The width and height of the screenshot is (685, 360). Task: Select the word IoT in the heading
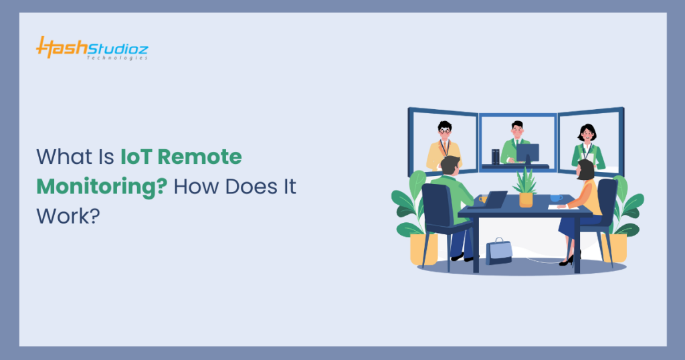pos(136,157)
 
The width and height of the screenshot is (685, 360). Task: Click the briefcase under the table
pos(498,251)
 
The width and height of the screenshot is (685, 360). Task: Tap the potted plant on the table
pos(525,187)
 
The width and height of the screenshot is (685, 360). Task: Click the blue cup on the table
pos(555,198)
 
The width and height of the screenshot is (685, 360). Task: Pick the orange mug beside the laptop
pos(482,199)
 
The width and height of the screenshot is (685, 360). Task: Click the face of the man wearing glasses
pos(445,128)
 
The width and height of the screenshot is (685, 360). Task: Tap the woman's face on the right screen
pos(587,133)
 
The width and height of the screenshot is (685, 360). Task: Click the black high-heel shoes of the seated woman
pos(567,260)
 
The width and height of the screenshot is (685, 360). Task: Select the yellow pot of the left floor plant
pos(424,248)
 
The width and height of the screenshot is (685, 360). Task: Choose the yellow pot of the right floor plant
pos(615,248)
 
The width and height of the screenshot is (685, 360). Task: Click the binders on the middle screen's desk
pos(495,157)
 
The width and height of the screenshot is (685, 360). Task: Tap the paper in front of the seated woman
pos(558,207)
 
